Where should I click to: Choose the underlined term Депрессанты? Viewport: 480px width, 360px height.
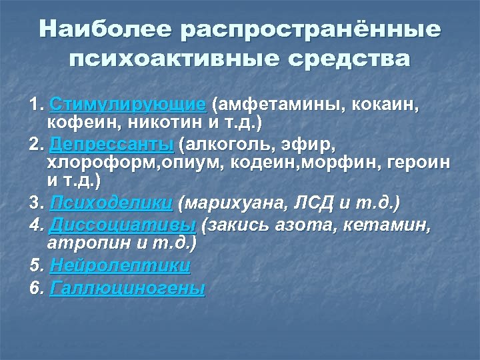point(111,145)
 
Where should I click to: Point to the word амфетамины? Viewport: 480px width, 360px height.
point(271,105)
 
